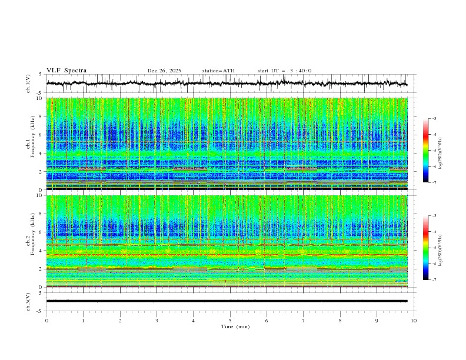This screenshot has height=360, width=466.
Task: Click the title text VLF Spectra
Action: pyautogui.click(x=66, y=71)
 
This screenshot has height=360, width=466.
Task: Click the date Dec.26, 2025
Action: pyautogui.click(x=164, y=71)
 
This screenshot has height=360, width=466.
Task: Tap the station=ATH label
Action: pyautogui.click(x=218, y=71)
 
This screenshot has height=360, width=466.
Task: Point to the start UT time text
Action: pyautogui.click(x=285, y=71)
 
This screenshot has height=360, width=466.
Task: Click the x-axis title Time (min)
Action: pyautogui.click(x=230, y=326)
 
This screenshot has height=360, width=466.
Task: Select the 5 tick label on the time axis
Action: pyautogui.click(x=231, y=321)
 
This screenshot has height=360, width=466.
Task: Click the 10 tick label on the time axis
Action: pyautogui.click(x=414, y=321)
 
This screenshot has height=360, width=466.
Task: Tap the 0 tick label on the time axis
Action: pyautogui.click(x=47, y=321)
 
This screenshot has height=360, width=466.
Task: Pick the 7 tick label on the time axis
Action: pyautogui.click(x=304, y=321)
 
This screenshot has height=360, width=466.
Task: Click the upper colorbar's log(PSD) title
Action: pyautogui.click(x=440, y=151)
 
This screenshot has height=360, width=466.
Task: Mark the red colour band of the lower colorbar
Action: pyautogui.click(x=425, y=232)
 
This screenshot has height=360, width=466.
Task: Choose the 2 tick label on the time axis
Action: pyautogui.click(x=120, y=321)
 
